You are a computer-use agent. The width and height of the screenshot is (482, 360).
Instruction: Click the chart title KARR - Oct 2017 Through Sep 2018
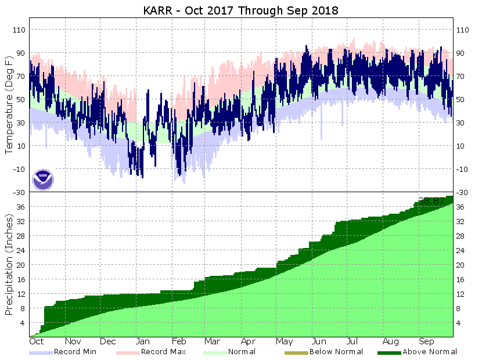(241, 11)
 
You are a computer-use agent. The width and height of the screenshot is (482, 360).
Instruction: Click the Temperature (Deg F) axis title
(9, 105)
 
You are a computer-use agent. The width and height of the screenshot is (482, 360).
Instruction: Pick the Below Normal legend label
(336, 351)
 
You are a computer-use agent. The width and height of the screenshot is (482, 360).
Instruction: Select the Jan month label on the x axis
(143, 341)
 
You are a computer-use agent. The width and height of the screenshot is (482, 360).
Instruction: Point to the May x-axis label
(284, 341)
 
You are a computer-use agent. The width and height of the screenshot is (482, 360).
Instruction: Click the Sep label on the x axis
(427, 341)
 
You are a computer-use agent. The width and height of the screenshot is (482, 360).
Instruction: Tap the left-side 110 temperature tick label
(19, 30)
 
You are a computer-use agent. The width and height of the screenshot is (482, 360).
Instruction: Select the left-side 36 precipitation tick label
(21, 207)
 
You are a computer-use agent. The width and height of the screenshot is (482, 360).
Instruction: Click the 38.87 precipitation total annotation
(431, 201)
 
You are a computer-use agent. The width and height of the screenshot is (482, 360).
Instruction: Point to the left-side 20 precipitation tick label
(21, 265)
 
